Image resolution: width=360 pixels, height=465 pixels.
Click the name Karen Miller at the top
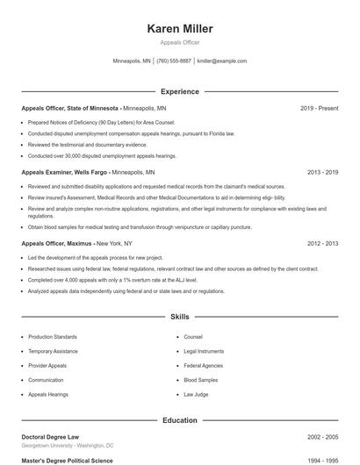(x=179, y=28)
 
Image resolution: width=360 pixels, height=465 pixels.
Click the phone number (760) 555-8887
(x=173, y=61)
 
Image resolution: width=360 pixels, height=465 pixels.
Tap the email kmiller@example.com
(x=221, y=61)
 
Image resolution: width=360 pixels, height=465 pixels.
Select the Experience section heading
(x=179, y=91)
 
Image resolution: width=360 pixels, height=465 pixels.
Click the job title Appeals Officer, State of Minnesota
(x=70, y=108)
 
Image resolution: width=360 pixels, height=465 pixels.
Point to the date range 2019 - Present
(x=319, y=108)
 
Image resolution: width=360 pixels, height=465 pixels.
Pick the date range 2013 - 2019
(x=322, y=173)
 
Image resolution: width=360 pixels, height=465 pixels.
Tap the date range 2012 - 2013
(x=322, y=243)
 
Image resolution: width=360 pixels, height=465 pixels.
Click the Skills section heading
(x=179, y=316)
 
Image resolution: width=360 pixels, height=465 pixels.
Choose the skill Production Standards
(x=52, y=336)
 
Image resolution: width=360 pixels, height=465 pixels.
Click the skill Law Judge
(x=196, y=395)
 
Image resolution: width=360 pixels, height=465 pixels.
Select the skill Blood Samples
(x=200, y=380)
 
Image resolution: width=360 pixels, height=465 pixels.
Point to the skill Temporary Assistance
(x=53, y=351)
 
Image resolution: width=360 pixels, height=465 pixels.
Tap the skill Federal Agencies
(x=203, y=365)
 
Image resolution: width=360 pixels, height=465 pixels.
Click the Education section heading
(x=179, y=420)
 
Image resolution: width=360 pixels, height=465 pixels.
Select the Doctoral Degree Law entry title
(x=51, y=437)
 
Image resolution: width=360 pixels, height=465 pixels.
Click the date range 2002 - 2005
(x=322, y=437)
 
